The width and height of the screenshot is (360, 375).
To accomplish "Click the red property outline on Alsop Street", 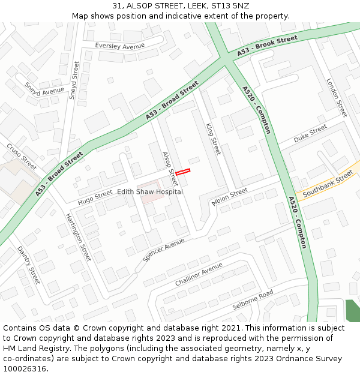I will (182, 172).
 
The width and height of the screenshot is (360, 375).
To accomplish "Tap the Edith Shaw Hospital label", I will (150, 191).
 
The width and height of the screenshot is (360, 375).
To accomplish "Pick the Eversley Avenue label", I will (120, 46).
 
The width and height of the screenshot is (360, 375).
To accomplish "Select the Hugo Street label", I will (95, 195).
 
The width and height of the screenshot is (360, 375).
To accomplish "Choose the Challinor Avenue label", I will (199, 274).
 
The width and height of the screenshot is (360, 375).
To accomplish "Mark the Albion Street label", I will (229, 196).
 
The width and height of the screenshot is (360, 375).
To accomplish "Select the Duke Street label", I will (310, 134).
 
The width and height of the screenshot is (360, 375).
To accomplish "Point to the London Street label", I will (337, 97).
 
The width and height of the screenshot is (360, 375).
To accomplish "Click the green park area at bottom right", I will (353, 310).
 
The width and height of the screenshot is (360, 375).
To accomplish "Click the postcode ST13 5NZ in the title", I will (230, 6).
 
